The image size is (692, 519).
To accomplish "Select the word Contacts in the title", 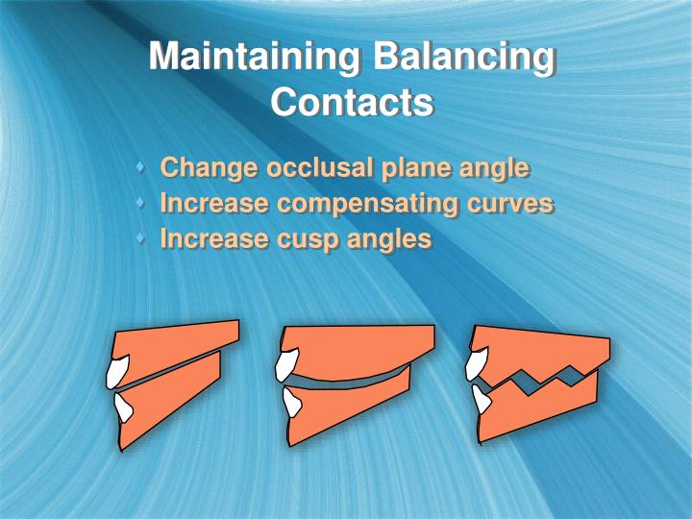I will [x=352, y=101].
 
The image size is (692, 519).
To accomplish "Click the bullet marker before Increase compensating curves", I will [x=142, y=204].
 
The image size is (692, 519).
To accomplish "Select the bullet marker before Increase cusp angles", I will [x=142, y=238].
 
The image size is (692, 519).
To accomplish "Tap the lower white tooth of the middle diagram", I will [x=292, y=403].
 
